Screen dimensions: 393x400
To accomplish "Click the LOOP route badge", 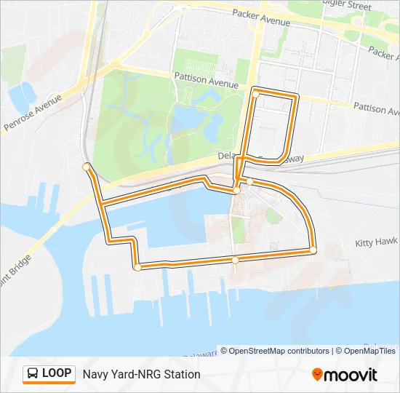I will tap(49, 373).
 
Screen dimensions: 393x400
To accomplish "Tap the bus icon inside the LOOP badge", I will tap(33, 374).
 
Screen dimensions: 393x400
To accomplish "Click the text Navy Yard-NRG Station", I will tap(141, 374).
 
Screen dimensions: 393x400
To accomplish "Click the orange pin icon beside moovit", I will tap(317, 375).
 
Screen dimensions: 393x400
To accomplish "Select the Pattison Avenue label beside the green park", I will tap(206, 79).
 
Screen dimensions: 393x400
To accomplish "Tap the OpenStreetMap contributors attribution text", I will tap(279, 351).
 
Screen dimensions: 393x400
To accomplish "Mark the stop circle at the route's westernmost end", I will tap(87, 167).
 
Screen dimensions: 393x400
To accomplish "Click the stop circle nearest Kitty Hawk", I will tap(313, 250).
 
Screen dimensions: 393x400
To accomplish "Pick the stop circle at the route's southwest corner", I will tap(137, 267).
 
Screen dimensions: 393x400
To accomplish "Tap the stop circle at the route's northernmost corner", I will tap(255, 93).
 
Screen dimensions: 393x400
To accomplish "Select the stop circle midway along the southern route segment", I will tap(235, 259).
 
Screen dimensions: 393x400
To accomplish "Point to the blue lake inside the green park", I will tap(191, 116).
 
